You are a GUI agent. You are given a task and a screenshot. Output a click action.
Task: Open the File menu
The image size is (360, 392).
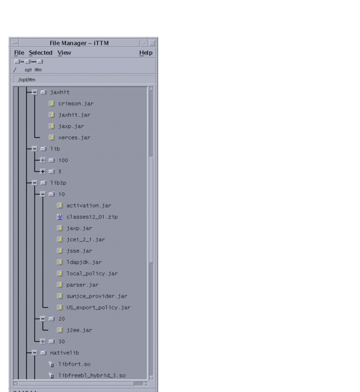click(19, 53)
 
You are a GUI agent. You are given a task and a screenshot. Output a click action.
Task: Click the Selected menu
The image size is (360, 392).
click(40, 53)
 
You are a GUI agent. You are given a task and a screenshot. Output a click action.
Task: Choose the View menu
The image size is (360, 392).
click(64, 53)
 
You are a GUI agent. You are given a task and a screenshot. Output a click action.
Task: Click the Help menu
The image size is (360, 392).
click(145, 53)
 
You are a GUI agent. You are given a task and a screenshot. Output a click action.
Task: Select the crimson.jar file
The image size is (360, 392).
click(76, 104)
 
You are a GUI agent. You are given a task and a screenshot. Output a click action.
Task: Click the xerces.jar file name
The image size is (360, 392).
click(74, 137)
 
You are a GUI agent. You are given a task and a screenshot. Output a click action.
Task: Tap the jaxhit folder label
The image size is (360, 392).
click(60, 93)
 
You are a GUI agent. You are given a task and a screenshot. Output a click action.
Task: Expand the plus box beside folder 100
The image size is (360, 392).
click(42, 160)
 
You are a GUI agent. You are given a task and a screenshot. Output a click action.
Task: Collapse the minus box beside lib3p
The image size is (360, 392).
click(35, 183)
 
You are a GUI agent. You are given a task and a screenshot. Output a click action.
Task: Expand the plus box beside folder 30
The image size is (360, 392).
click(42, 341)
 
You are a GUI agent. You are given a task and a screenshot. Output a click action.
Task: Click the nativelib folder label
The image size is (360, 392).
click(65, 353)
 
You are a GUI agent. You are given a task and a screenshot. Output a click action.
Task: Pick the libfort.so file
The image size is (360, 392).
click(74, 364)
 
